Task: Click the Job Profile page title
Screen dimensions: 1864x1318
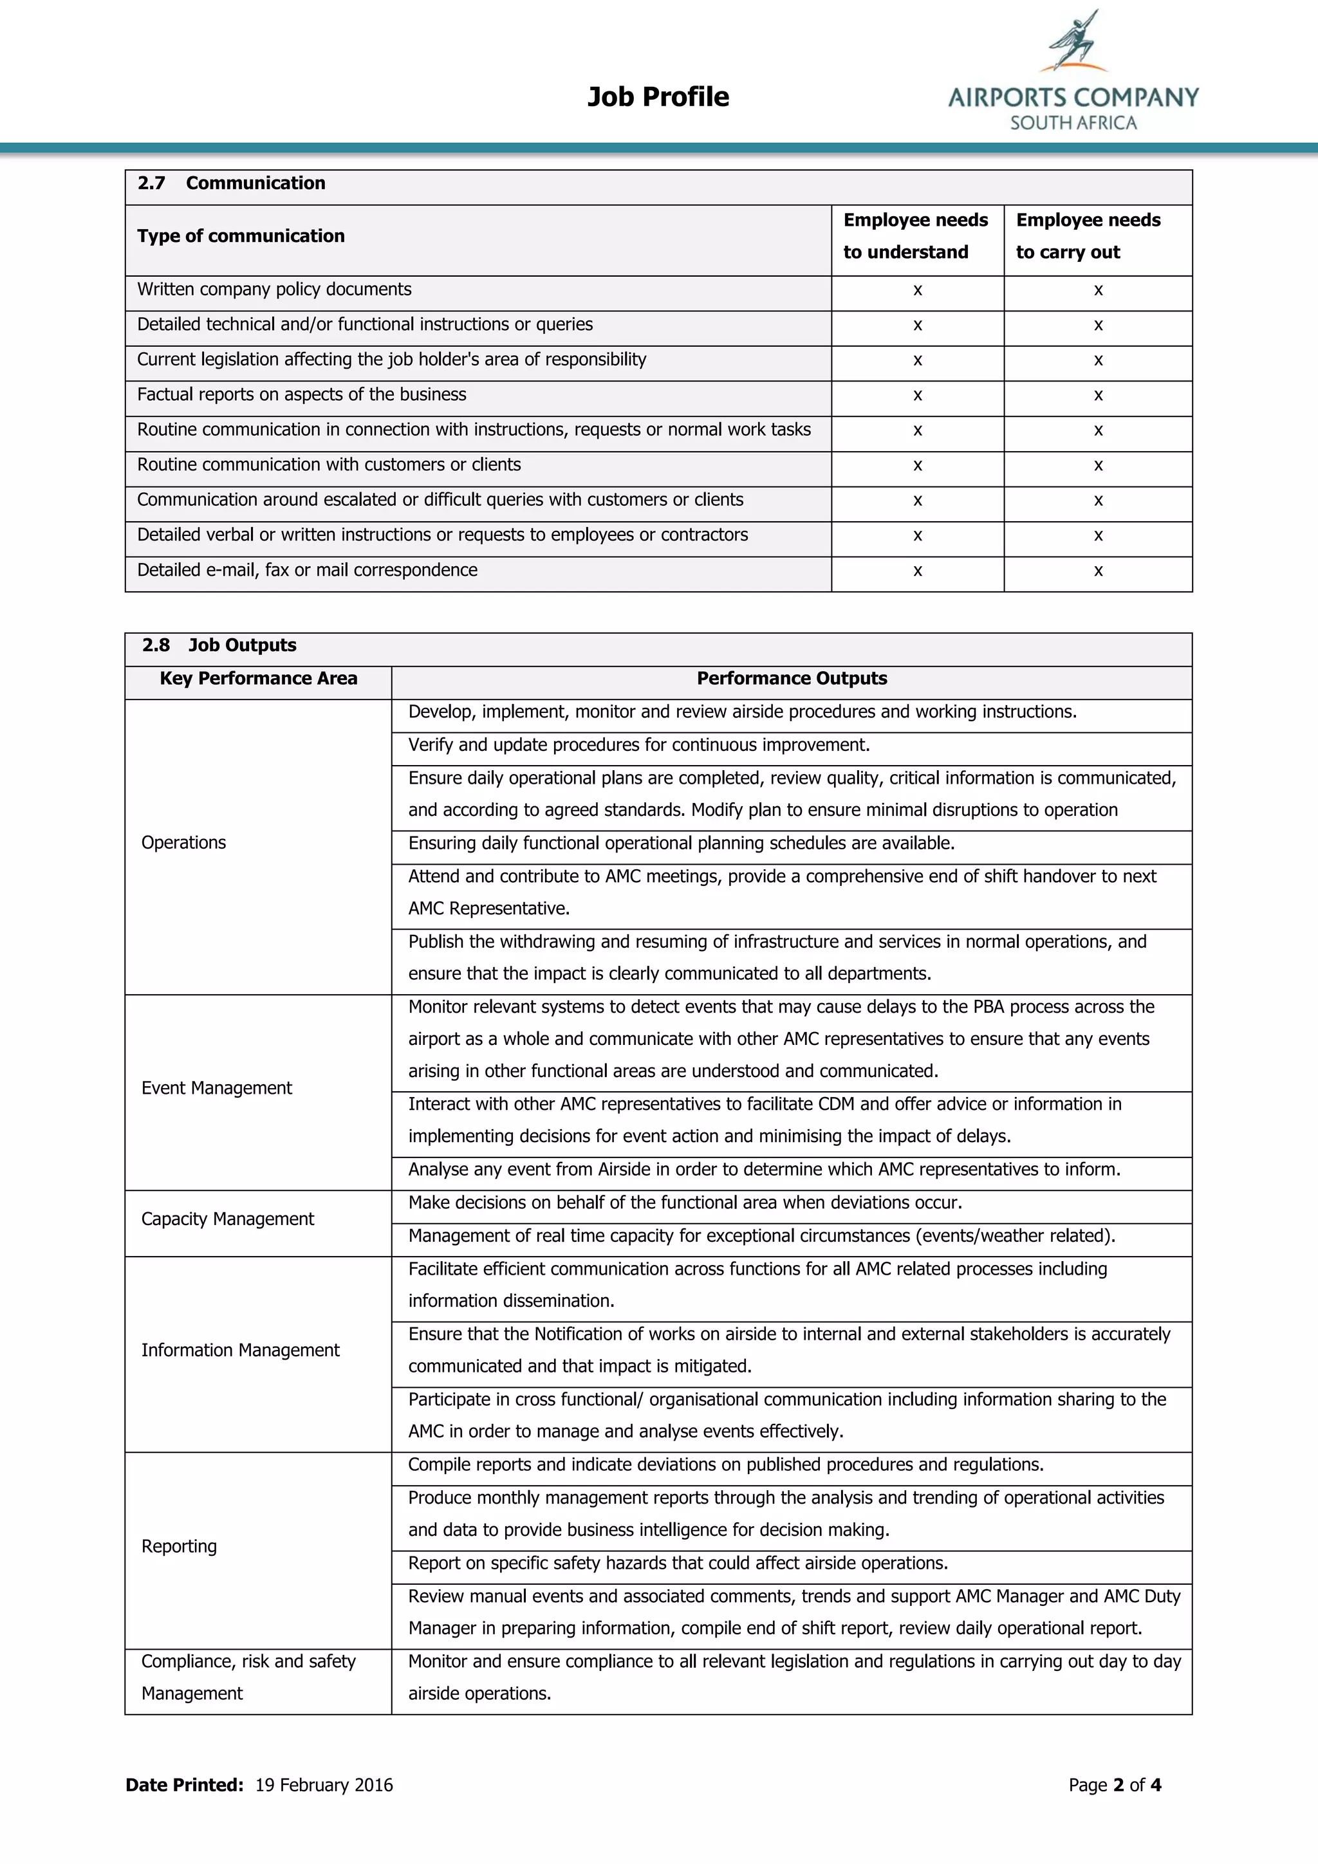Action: (658, 97)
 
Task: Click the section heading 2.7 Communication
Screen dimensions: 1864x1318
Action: (232, 183)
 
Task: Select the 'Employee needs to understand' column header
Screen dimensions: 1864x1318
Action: (915, 236)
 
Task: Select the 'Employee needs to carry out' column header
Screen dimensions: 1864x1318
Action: (1088, 236)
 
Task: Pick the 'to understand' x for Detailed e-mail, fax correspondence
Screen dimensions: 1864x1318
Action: (918, 571)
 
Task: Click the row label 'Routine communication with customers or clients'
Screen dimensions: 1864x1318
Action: (329, 465)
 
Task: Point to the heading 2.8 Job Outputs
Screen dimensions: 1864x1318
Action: (219, 645)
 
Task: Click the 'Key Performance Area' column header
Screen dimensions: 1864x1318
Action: (258, 679)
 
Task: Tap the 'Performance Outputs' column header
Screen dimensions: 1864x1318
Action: (792, 679)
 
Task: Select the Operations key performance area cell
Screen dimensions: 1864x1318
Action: (183, 843)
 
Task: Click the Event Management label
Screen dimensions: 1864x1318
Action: (217, 1088)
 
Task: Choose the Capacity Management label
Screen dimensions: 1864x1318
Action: (227, 1219)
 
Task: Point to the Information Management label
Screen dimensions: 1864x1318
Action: (241, 1350)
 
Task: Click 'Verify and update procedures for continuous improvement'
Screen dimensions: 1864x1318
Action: (639, 745)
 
